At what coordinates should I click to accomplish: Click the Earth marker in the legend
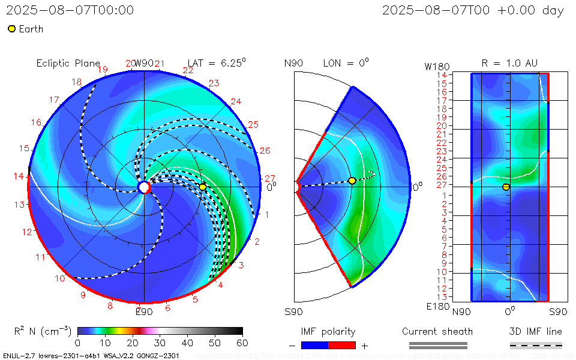[11, 29]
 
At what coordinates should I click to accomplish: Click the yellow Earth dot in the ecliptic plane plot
[203, 187]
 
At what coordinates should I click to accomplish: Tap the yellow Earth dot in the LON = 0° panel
[352, 181]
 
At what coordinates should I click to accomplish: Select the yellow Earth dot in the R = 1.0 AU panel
[506, 187]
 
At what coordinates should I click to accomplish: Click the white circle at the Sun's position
[144, 188]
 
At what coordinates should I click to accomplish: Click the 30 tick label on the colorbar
[160, 343]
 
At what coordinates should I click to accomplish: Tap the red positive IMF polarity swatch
[342, 345]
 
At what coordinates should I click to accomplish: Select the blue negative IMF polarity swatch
[314, 345]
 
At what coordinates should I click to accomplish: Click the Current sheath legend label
[437, 331]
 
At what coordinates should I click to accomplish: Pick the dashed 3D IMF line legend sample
[536, 345]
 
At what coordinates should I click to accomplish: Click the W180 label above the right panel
[436, 66]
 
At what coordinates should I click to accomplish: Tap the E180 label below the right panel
[436, 307]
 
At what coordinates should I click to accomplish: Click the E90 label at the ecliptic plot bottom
[144, 311]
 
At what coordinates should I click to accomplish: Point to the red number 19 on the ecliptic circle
[103, 70]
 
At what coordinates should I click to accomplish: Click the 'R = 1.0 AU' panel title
[509, 63]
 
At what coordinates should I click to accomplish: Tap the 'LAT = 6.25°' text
[217, 62]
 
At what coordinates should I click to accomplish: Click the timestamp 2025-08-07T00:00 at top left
[70, 10]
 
